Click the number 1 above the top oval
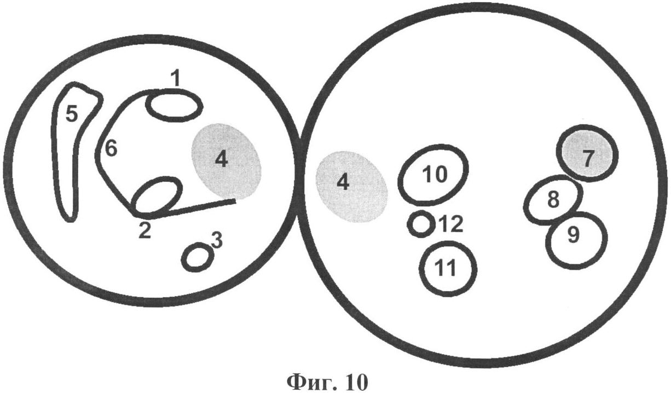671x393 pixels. pos(176,78)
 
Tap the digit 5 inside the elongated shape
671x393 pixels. pos(72,114)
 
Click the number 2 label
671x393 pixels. pos(144,230)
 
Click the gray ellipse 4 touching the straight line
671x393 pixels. pos(227,160)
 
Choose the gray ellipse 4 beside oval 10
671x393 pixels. pos(352,186)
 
